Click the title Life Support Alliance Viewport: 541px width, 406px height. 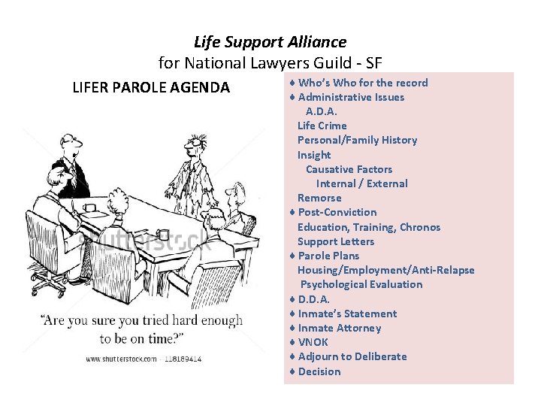tap(270, 42)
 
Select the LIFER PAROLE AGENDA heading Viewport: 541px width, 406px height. tap(151, 88)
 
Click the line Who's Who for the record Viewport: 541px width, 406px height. tap(363, 83)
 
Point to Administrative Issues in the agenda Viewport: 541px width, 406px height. tap(351, 97)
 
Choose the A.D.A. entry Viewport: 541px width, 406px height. tap(322, 111)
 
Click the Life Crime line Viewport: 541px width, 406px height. tap(322, 126)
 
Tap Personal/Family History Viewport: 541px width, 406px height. tap(357, 140)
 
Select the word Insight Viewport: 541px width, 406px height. tap(314, 155)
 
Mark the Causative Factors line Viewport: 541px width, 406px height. tap(349, 169)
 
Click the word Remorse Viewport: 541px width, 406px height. tap(319, 198)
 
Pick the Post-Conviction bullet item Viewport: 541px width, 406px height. tap(337, 212)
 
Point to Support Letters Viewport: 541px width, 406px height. tap(335, 241)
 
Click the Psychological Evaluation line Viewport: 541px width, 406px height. tap(361, 284)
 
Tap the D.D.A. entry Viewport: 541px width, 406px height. tap(314, 299)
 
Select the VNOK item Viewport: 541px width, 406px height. tap(313, 342)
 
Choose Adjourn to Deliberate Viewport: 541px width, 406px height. tap(352, 356)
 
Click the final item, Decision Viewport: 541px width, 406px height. tap(319, 371)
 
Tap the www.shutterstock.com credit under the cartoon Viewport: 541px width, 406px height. tap(120, 359)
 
